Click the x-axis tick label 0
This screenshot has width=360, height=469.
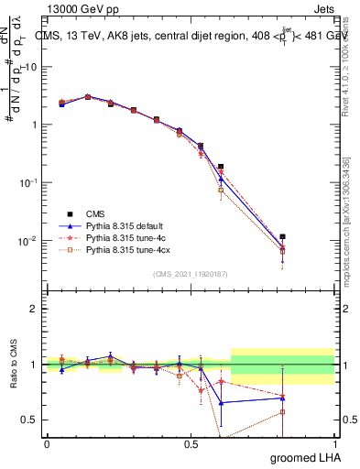(x=47, y=443)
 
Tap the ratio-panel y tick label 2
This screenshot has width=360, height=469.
(x=33, y=309)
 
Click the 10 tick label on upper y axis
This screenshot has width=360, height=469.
(x=29, y=67)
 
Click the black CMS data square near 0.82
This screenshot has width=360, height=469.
(x=282, y=236)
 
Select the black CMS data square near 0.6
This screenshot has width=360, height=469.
(x=221, y=167)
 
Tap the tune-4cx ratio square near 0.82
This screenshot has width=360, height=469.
(x=282, y=412)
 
